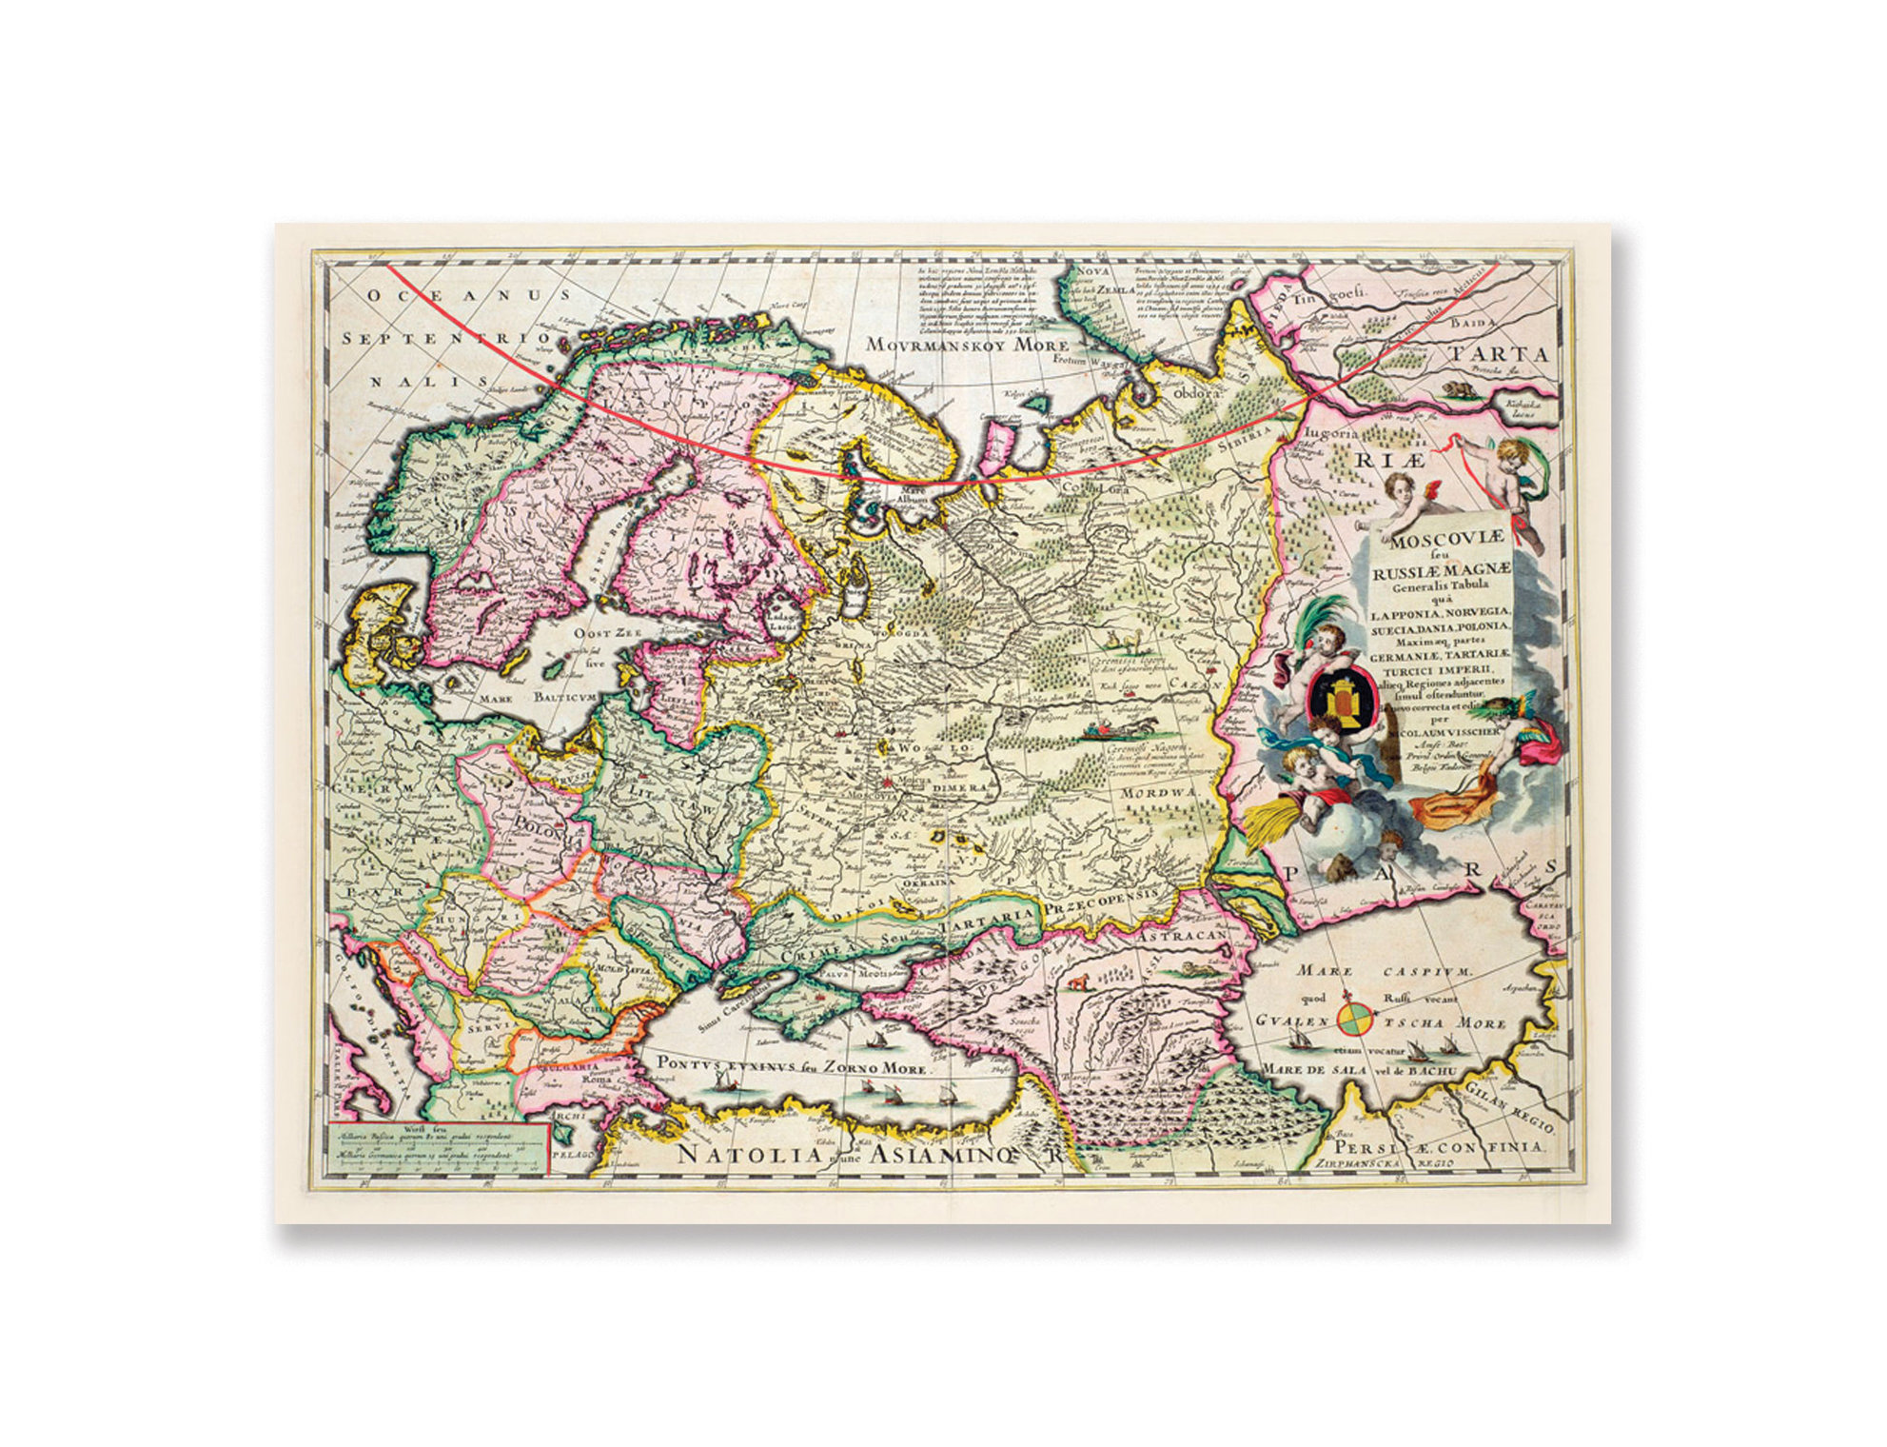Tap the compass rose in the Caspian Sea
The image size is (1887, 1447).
coord(1354,1017)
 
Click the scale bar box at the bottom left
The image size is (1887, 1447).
coord(437,1148)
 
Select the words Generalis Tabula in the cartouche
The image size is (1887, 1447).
coord(1440,585)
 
